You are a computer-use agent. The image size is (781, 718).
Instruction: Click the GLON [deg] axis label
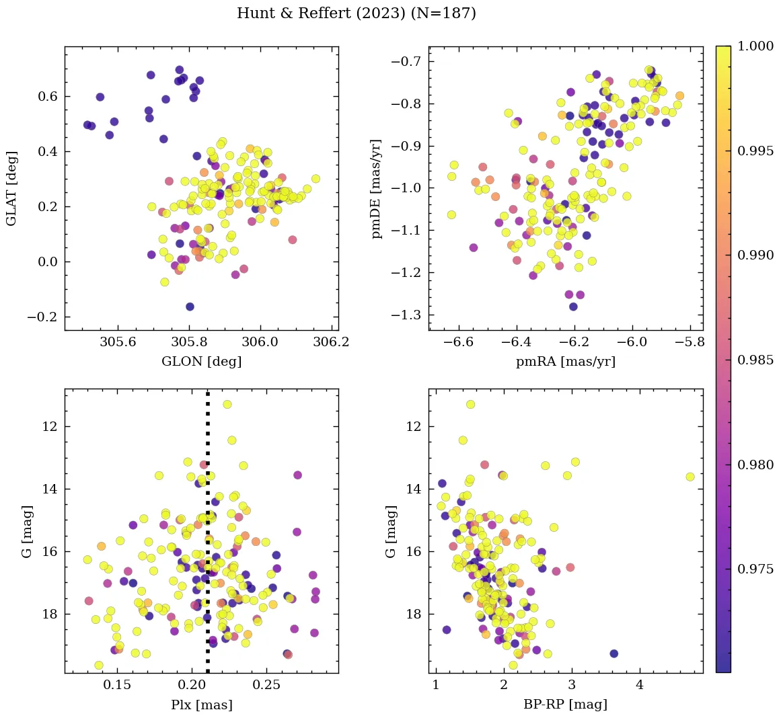point(201,362)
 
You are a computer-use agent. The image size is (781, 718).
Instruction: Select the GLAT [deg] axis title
point(11,188)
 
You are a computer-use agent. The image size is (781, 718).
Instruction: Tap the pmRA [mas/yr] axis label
point(565,362)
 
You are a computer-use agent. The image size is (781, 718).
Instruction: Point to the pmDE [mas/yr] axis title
point(377,189)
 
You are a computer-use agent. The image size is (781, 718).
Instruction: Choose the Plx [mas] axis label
point(201,705)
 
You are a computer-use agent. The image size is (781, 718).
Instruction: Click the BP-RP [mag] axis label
point(565,705)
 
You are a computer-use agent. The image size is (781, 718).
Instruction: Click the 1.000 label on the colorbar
point(755,46)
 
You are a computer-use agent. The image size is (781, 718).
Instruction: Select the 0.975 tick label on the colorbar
point(755,569)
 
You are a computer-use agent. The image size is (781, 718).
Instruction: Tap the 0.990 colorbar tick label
point(755,255)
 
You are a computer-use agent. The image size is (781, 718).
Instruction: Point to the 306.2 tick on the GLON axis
point(331,342)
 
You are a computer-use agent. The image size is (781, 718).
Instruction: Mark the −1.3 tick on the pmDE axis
point(406,315)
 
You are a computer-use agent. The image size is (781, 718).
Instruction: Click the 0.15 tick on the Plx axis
point(118,685)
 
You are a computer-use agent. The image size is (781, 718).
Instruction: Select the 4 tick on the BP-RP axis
point(640,685)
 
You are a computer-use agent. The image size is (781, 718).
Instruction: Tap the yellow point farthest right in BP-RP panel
point(690,477)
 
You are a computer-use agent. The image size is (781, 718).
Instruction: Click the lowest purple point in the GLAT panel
point(190,307)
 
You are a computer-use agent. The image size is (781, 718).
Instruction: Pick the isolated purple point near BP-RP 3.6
point(613,653)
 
